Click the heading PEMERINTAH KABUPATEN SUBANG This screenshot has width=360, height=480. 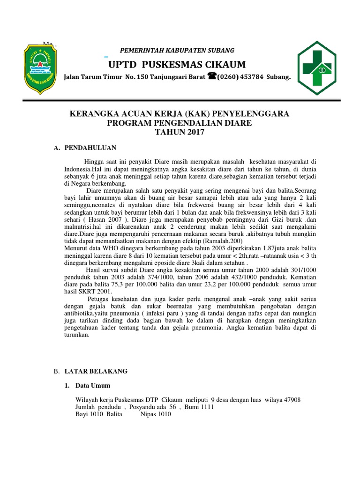tap(178, 50)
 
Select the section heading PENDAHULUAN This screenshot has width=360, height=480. tap(90, 148)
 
